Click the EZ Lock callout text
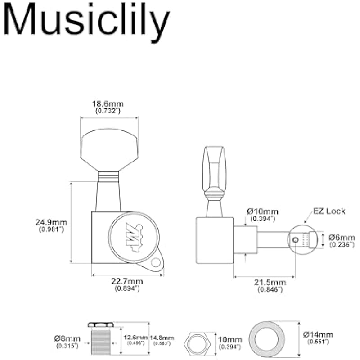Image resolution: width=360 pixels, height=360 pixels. (330, 211)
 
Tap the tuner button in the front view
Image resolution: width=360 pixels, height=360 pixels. (109, 148)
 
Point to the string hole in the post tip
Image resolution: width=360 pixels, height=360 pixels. (295, 240)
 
